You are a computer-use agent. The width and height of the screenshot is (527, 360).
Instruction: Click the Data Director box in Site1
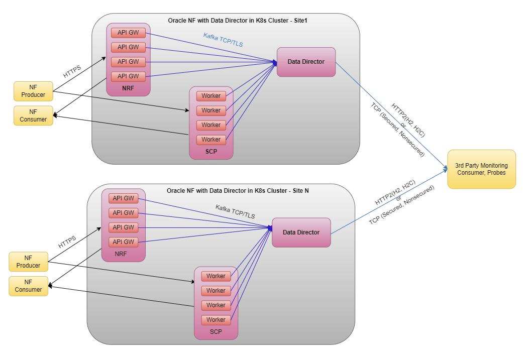(x=306, y=62)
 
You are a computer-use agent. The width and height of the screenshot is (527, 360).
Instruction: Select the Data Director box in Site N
(x=301, y=232)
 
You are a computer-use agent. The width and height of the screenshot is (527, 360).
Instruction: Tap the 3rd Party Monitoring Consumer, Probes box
(x=481, y=169)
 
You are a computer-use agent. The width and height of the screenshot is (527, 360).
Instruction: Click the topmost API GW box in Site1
(x=128, y=33)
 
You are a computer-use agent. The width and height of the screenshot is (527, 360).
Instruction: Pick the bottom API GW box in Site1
(x=128, y=76)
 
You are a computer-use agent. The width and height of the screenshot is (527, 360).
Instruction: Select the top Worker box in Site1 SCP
(x=211, y=96)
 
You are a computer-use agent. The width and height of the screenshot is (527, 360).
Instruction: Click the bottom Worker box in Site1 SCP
(x=211, y=140)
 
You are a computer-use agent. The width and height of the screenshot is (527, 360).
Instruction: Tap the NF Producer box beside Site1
(x=33, y=91)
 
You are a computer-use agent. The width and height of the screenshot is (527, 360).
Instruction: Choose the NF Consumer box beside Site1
(x=33, y=115)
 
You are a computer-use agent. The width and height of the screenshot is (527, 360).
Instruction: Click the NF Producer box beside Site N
(x=28, y=262)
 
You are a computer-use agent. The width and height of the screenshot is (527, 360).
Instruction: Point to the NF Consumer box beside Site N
(x=28, y=286)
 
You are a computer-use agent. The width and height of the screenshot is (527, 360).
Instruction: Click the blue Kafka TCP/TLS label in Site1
(x=223, y=40)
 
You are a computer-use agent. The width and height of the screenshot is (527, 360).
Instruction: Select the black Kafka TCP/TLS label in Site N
(x=235, y=211)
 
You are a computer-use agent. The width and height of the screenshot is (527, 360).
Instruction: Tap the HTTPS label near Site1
(x=72, y=72)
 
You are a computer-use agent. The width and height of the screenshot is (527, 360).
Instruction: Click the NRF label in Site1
(x=128, y=88)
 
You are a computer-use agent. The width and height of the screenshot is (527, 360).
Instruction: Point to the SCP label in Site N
(x=216, y=332)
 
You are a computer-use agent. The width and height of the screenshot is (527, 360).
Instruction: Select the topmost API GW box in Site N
(x=123, y=198)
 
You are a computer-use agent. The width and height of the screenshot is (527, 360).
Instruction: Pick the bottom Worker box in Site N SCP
(x=216, y=320)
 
